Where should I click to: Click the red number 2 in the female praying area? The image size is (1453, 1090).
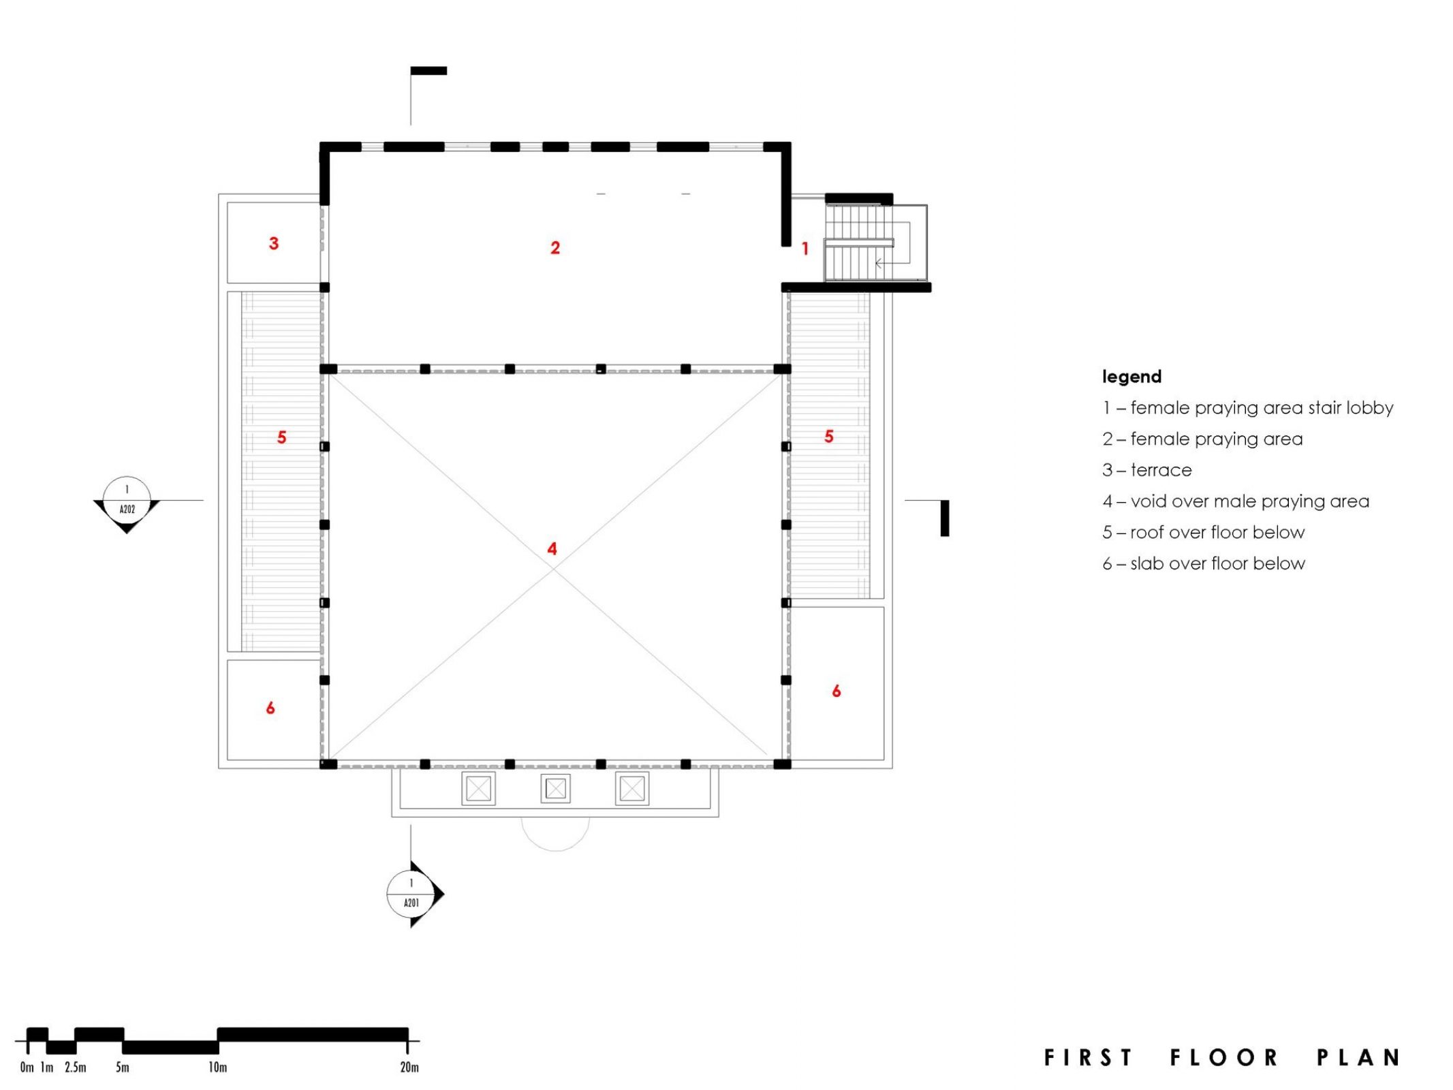(554, 247)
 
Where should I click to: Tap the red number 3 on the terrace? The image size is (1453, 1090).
(273, 243)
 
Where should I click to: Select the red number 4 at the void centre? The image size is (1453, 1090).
(552, 548)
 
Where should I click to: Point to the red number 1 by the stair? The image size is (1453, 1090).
(804, 249)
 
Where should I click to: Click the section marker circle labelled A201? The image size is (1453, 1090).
(411, 892)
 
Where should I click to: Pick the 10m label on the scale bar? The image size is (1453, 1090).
(217, 1067)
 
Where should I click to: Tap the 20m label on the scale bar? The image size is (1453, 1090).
(409, 1067)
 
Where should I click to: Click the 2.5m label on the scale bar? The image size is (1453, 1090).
(76, 1067)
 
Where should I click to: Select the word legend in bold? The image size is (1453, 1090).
(1131, 377)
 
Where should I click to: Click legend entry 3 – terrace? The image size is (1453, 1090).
(1147, 470)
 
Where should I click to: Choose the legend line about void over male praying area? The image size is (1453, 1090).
(1236, 501)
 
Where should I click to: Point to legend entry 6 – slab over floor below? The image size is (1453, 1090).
(1204, 563)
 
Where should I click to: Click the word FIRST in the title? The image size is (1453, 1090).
(1089, 1057)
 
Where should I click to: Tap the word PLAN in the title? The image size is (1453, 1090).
(1358, 1057)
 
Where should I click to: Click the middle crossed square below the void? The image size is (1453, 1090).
(555, 789)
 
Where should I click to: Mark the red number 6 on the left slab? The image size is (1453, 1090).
(270, 708)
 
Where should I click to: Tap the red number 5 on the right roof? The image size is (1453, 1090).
(828, 436)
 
